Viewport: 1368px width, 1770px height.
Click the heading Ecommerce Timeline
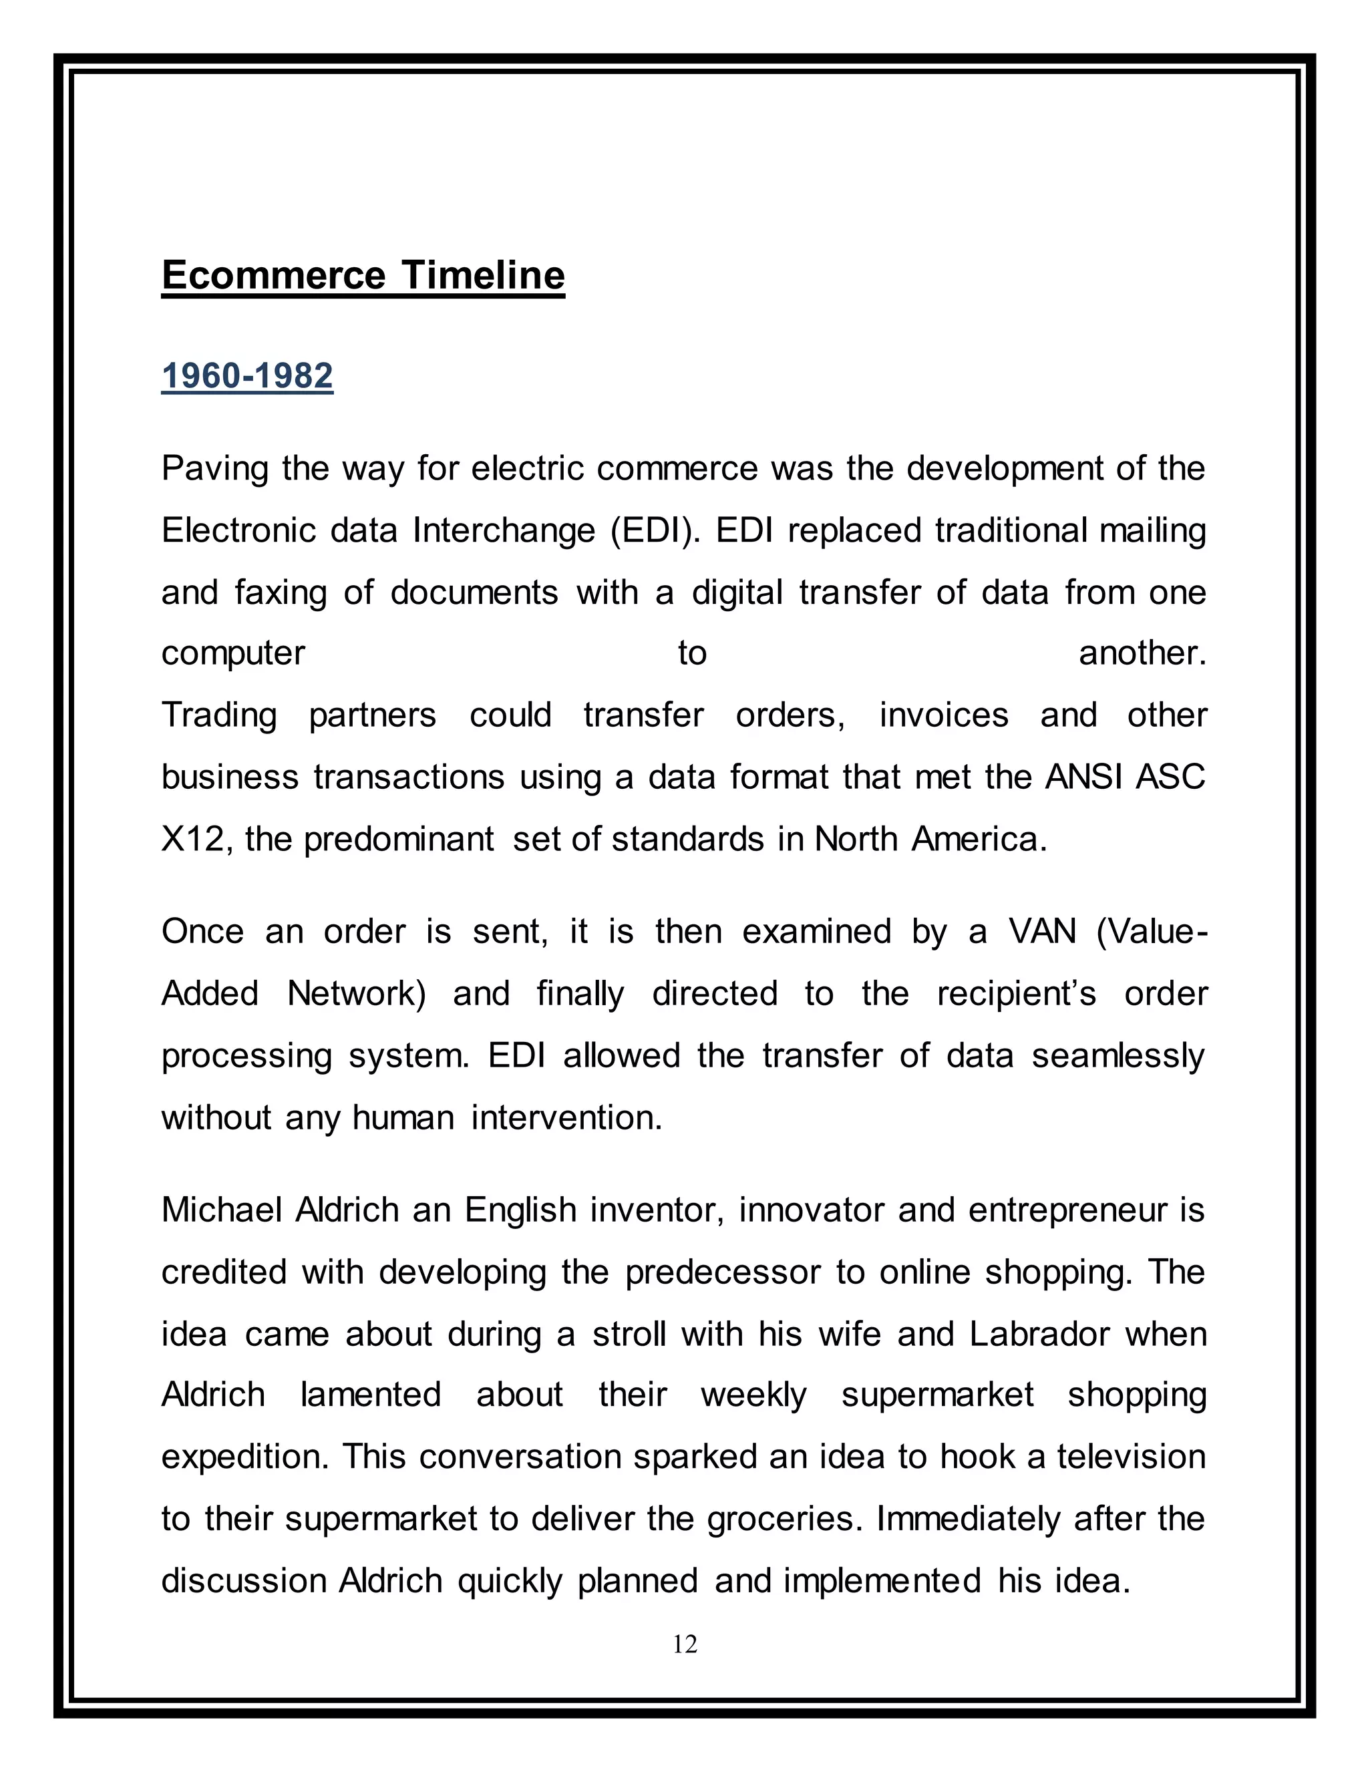point(363,276)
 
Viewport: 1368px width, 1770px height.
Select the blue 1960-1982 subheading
point(247,376)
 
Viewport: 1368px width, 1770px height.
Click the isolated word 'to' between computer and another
point(692,653)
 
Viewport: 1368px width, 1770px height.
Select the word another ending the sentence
point(1142,653)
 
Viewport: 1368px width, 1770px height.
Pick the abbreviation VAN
point(1042,932)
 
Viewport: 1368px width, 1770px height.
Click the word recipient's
point(1016,994)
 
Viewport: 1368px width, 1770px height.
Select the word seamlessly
point(1118,1056)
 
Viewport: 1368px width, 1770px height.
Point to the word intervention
point(566,1118)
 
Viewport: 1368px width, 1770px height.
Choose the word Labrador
point(1039,1335)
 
